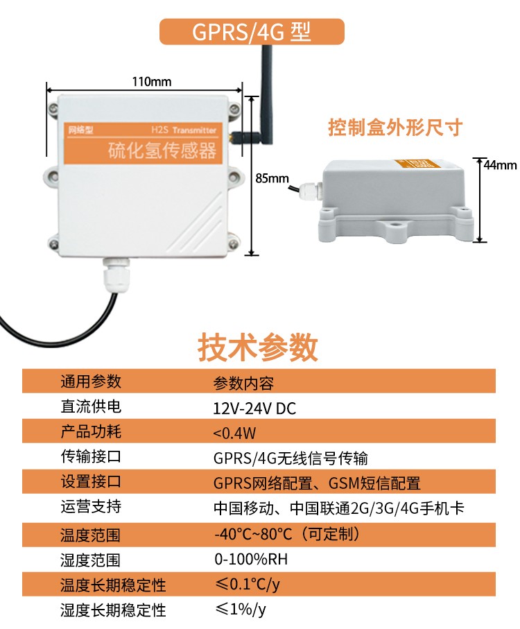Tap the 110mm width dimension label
151,82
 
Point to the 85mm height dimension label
272,178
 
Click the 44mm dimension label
500,165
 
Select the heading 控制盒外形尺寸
395,128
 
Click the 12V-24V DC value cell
254,408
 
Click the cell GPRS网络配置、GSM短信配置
317,483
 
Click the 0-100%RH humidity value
250,559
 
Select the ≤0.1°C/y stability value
247,584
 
